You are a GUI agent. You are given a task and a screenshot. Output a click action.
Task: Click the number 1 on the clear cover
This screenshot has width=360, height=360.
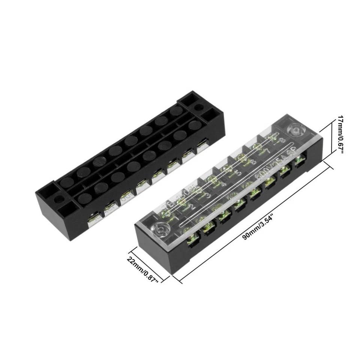177,217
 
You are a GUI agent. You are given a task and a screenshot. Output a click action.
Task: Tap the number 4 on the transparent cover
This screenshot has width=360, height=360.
224,184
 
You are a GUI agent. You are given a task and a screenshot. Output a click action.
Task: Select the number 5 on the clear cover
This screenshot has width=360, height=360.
238,174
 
